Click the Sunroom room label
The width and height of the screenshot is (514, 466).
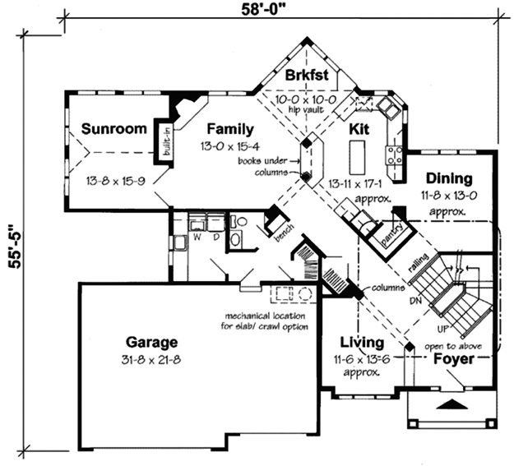113,128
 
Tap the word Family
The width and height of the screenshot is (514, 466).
230,129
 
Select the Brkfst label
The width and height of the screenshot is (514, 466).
307,75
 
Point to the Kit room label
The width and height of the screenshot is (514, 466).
359,129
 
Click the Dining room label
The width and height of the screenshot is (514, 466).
449,179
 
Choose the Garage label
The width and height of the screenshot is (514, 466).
152,343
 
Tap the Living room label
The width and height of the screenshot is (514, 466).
362,343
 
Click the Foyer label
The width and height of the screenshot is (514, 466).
454,359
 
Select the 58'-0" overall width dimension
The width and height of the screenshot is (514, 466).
262,10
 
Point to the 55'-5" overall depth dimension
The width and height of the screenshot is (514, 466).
15,247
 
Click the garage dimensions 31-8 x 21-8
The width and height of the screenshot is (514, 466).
151,360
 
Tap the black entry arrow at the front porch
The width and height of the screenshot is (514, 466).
452,404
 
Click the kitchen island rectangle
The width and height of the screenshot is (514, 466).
357,158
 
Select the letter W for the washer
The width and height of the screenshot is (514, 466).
197,237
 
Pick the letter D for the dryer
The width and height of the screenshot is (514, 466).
216,237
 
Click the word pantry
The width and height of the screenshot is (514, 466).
391,234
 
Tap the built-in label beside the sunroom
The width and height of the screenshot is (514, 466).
166,142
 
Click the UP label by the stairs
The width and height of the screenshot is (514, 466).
442,329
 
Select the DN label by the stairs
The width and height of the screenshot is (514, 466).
415,300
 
